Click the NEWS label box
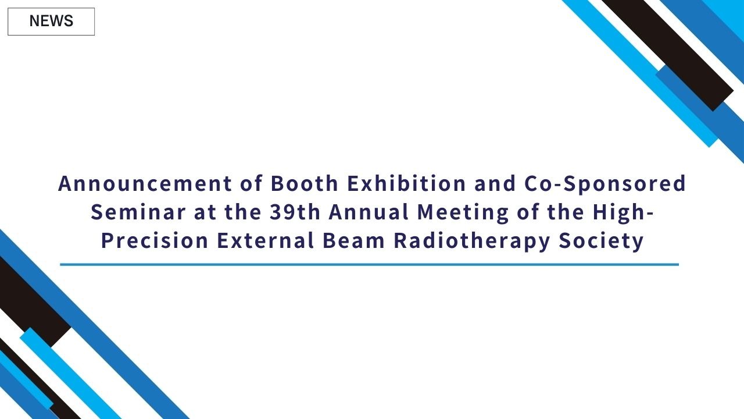point(51,22)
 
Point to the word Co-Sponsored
point(605,184)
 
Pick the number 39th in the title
point(295,212)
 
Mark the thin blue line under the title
point(369,265)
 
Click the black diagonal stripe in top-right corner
point(668,52)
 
